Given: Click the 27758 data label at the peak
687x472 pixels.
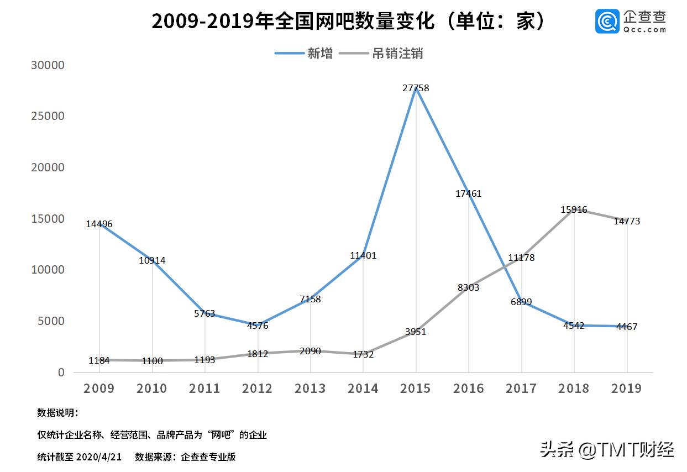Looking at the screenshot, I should coord(416,88).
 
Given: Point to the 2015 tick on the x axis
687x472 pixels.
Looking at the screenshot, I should coord(416,389).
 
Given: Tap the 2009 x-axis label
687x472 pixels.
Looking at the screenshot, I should coord(99,389).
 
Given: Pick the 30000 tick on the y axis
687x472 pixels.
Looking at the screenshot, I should coord(48,65).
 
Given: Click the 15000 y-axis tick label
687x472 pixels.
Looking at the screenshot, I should coord(48,219).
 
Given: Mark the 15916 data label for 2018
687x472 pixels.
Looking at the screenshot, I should coord(574,210).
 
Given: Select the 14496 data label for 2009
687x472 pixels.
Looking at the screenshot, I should coord(99,224).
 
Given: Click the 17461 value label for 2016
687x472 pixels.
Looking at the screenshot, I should coord(468,194).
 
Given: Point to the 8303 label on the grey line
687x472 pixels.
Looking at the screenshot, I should coord(468,288).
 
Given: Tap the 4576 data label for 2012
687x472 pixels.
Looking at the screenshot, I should coord(258,326).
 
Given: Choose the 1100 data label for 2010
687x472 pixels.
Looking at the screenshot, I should coord(152,361).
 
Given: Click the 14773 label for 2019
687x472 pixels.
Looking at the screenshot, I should coord(627,222).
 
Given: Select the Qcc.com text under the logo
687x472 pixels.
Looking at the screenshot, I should coord(645,30).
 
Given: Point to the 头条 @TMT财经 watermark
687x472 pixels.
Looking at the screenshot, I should coord(607,449).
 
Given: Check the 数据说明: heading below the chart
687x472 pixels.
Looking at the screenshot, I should coord(57,413).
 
